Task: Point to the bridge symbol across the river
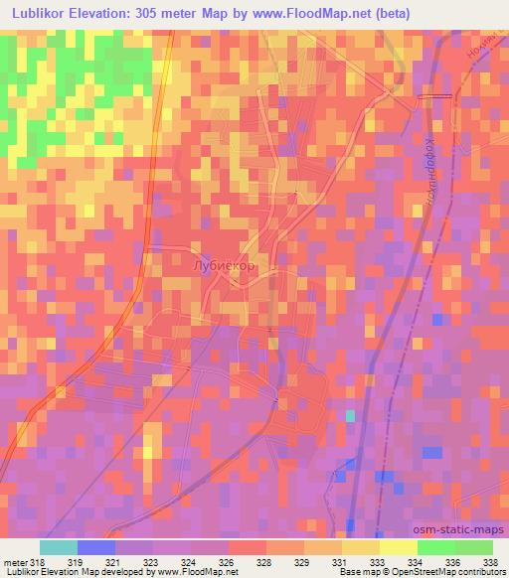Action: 434,96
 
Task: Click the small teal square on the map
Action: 350,415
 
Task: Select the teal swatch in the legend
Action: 58,547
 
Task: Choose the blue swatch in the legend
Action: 95,547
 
